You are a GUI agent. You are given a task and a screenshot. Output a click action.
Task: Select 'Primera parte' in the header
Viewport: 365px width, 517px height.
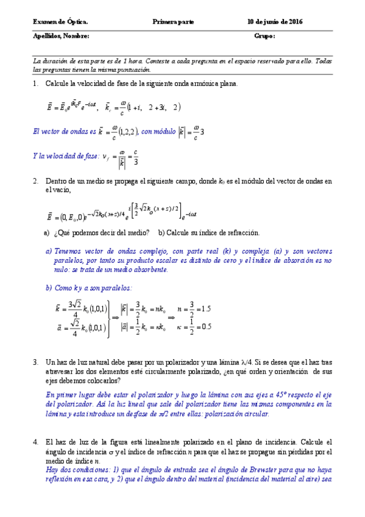tap(174, 22)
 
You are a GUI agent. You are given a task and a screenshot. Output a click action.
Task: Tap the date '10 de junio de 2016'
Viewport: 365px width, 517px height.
tap(275, 22)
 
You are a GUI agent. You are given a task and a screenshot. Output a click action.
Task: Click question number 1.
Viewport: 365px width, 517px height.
tap(35, 84)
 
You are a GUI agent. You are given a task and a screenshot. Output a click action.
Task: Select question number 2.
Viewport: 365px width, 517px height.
tap(35, 181)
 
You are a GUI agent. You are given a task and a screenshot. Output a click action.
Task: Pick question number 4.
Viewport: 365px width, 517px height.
tap(35, 441)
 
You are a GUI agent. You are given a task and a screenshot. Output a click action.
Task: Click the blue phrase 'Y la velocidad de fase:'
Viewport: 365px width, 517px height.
tap(66, 156)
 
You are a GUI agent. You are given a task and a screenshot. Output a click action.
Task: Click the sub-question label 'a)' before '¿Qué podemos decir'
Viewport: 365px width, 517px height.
tap(47, 232)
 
